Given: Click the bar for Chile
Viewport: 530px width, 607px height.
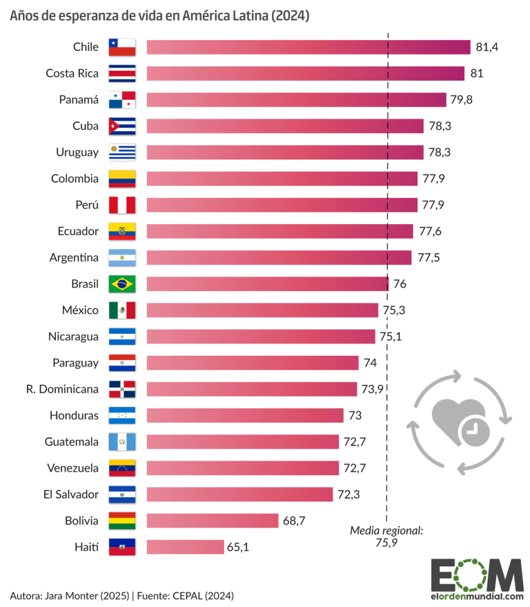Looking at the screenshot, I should pyautogui.click(x=308, y=47).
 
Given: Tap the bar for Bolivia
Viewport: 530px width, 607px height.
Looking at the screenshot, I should pyautogui.click(x=212, y=521).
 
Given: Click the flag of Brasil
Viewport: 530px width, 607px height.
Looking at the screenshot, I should pyautogui.click(x=122, y=283).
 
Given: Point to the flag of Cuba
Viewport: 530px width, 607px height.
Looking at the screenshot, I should pyautogui.click(x=122, y=126).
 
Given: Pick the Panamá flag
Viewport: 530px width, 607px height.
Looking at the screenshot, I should pyautogui.click(x=122, y=99).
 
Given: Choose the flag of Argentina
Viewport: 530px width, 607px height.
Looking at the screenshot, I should pyautogui.click(x=122, y=257).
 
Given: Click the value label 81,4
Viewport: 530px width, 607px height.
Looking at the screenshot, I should pyautogui.click(x=487, y=47).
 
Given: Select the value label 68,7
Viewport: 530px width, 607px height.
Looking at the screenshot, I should pyautogui.click(x=294, y=521).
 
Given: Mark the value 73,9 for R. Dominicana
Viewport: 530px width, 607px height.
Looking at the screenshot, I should pyautogui.click(x=372, y=389).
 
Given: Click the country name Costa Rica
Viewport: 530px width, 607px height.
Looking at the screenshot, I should pyautogui.click(x=72, y=73).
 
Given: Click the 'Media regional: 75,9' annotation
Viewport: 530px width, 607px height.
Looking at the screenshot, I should pyautogui.click(x=386, y=536).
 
